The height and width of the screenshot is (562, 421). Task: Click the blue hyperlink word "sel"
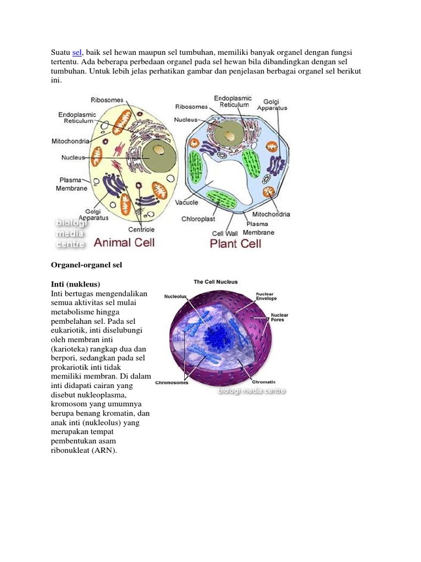coord(77,52)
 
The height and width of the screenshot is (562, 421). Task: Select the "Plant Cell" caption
coord(235,242)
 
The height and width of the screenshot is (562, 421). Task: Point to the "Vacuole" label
coord(186,203)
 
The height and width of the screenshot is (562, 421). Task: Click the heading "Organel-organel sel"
coord(86,265)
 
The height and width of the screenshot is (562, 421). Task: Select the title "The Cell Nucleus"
coord(216,282)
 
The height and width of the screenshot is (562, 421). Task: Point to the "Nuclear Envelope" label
coord(266,296)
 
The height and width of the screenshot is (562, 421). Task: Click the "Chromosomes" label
coord(172,383)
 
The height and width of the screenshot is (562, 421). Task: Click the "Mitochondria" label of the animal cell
coord(71,140)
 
